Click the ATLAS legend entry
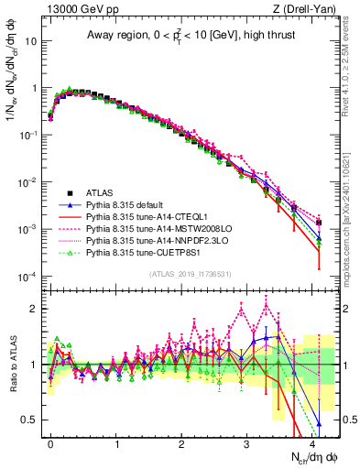coord(101,193)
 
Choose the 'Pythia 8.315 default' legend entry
coord(131,205)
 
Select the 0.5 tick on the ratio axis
coord(33,420)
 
